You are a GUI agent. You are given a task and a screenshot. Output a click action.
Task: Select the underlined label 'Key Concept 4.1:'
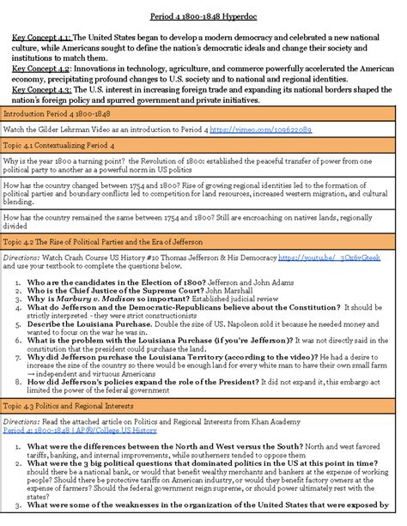click(42, 38)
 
